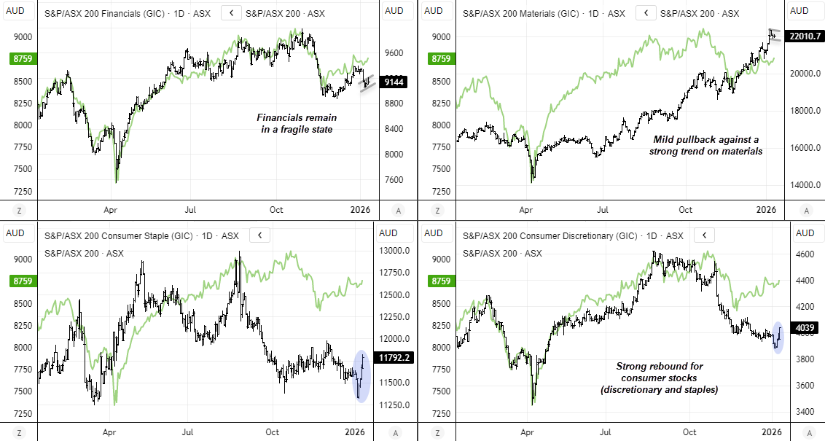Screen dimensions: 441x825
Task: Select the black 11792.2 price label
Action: (x=394, y=357)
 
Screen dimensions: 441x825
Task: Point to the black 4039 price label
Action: (x=805, y=327)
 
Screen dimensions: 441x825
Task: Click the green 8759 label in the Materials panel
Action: (x=439, y=58)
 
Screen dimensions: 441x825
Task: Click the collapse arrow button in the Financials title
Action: (x=231, y=12)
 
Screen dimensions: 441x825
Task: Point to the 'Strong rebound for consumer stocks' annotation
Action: (x=660, y=378)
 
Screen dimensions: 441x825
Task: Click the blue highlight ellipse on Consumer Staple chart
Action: (x=361, y=375)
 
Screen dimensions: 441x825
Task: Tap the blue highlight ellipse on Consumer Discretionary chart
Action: (x=777, y=337)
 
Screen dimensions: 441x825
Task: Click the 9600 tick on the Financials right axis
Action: (x=394, y=53)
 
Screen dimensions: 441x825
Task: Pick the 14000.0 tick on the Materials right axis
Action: (x=805, y=185)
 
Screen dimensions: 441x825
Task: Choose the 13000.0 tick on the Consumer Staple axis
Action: (x=394, y=251)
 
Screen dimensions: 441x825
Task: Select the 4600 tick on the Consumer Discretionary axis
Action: (x=805, y=254)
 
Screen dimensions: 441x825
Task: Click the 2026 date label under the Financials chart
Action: (x=360, y=210)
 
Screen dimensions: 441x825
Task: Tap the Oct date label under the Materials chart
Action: (x=685, y=210)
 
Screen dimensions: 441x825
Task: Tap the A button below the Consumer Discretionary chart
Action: (x=805, y=433)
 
